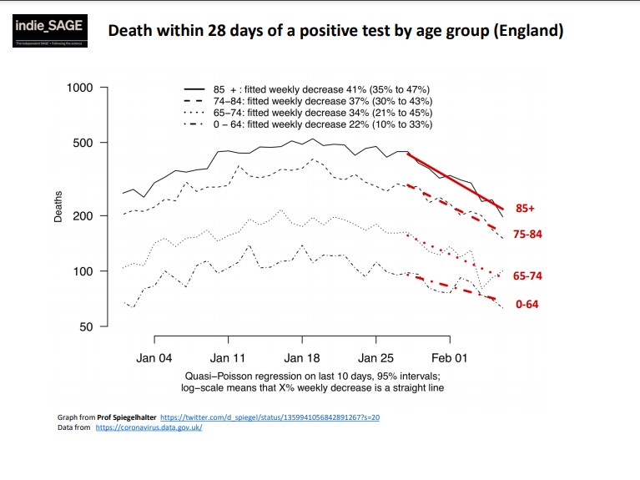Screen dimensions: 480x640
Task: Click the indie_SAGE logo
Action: pos(48,30)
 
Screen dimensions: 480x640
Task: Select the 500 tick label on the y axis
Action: pos(84,143)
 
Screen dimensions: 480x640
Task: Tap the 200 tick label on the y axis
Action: pos(84,215)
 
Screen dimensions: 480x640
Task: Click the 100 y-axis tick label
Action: pos(84,271)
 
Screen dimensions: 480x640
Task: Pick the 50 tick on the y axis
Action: pos(88,326)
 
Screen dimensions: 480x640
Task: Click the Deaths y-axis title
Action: pos(58,206)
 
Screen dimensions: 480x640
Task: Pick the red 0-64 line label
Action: pos(527,305)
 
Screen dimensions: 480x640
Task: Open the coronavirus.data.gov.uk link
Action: pos(149,427)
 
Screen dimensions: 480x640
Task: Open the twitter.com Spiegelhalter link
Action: pos(270,416)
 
